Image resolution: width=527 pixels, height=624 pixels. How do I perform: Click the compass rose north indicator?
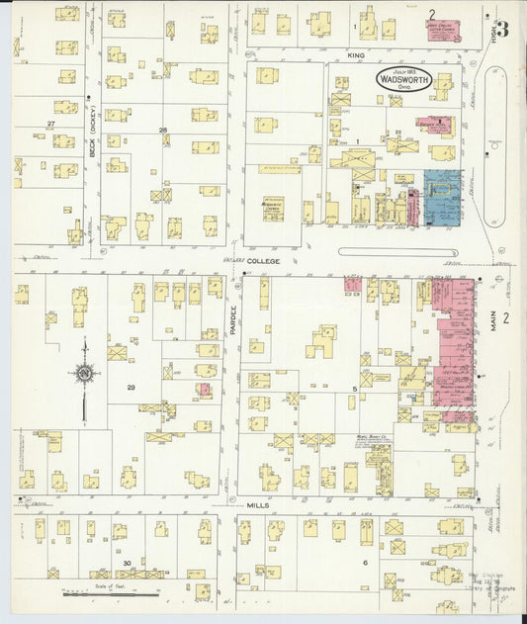pyautogui.click(x=84, y=373)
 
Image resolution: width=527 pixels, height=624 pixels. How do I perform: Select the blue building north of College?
pyautogui.click(x=441, y=197)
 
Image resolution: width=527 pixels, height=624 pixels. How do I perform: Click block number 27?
pyautogui.click(x=49, y=124)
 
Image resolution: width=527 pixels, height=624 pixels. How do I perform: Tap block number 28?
pyautogui.click(x=163, y=130)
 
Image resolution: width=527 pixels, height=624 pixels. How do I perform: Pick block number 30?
pyautogui.click(x=127, y=563)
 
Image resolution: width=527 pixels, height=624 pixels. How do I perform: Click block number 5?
pyautogui.click(x=353, y=391)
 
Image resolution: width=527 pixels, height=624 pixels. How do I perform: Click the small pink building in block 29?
pyautogui.click(x=204, y=390)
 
